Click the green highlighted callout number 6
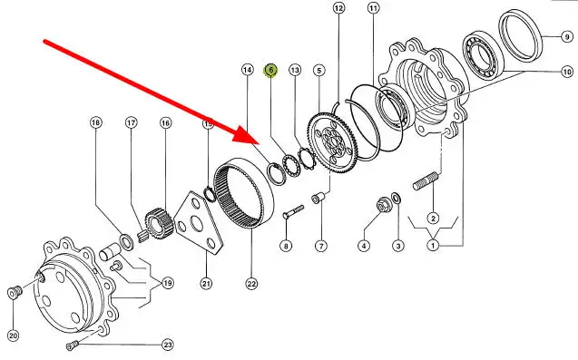point(270,70)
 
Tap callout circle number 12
point(338,8)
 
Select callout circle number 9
point(567,36)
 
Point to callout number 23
point(167,345)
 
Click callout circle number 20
point(13,336)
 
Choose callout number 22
point(251,284)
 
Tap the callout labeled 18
point(95,122)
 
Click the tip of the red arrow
point(260,143)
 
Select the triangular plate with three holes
point(200,223)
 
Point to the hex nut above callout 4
point(383,205)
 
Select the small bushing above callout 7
point(318,199)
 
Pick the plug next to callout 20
point(15,292)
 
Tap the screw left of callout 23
point(73,345)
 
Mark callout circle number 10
point(567,72)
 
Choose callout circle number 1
point(433,245)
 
